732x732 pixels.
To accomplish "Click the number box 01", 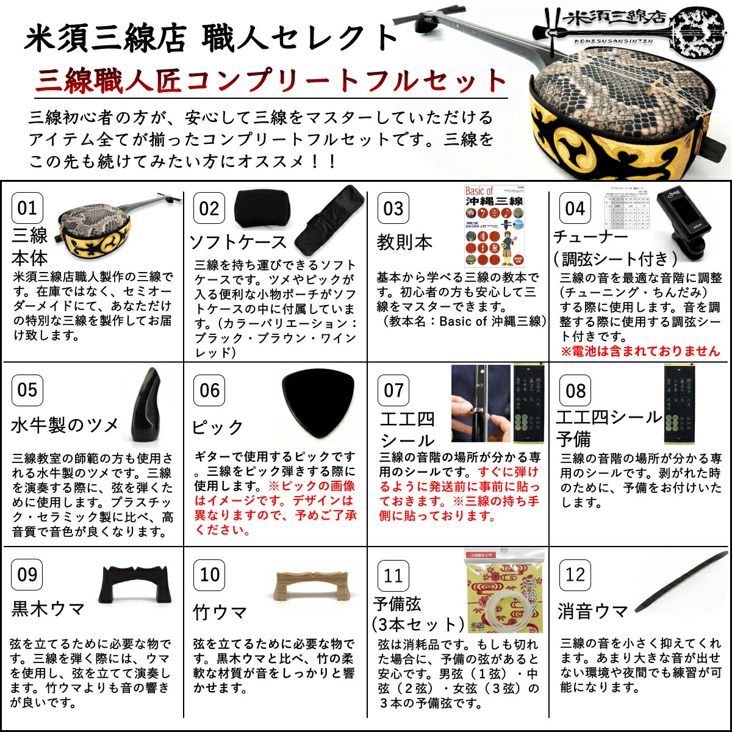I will [27, 208].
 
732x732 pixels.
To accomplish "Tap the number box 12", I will [575, 575].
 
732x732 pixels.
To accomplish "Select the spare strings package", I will [504, 590].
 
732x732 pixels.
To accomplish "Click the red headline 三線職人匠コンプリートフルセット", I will [271, 81].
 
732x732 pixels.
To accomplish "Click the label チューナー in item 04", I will [590, 237].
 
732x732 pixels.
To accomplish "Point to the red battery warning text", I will [640, 351].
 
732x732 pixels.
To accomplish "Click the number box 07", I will [393, 390].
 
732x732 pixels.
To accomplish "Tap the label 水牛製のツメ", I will [65, 425].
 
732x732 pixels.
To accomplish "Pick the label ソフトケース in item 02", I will [238, 242].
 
